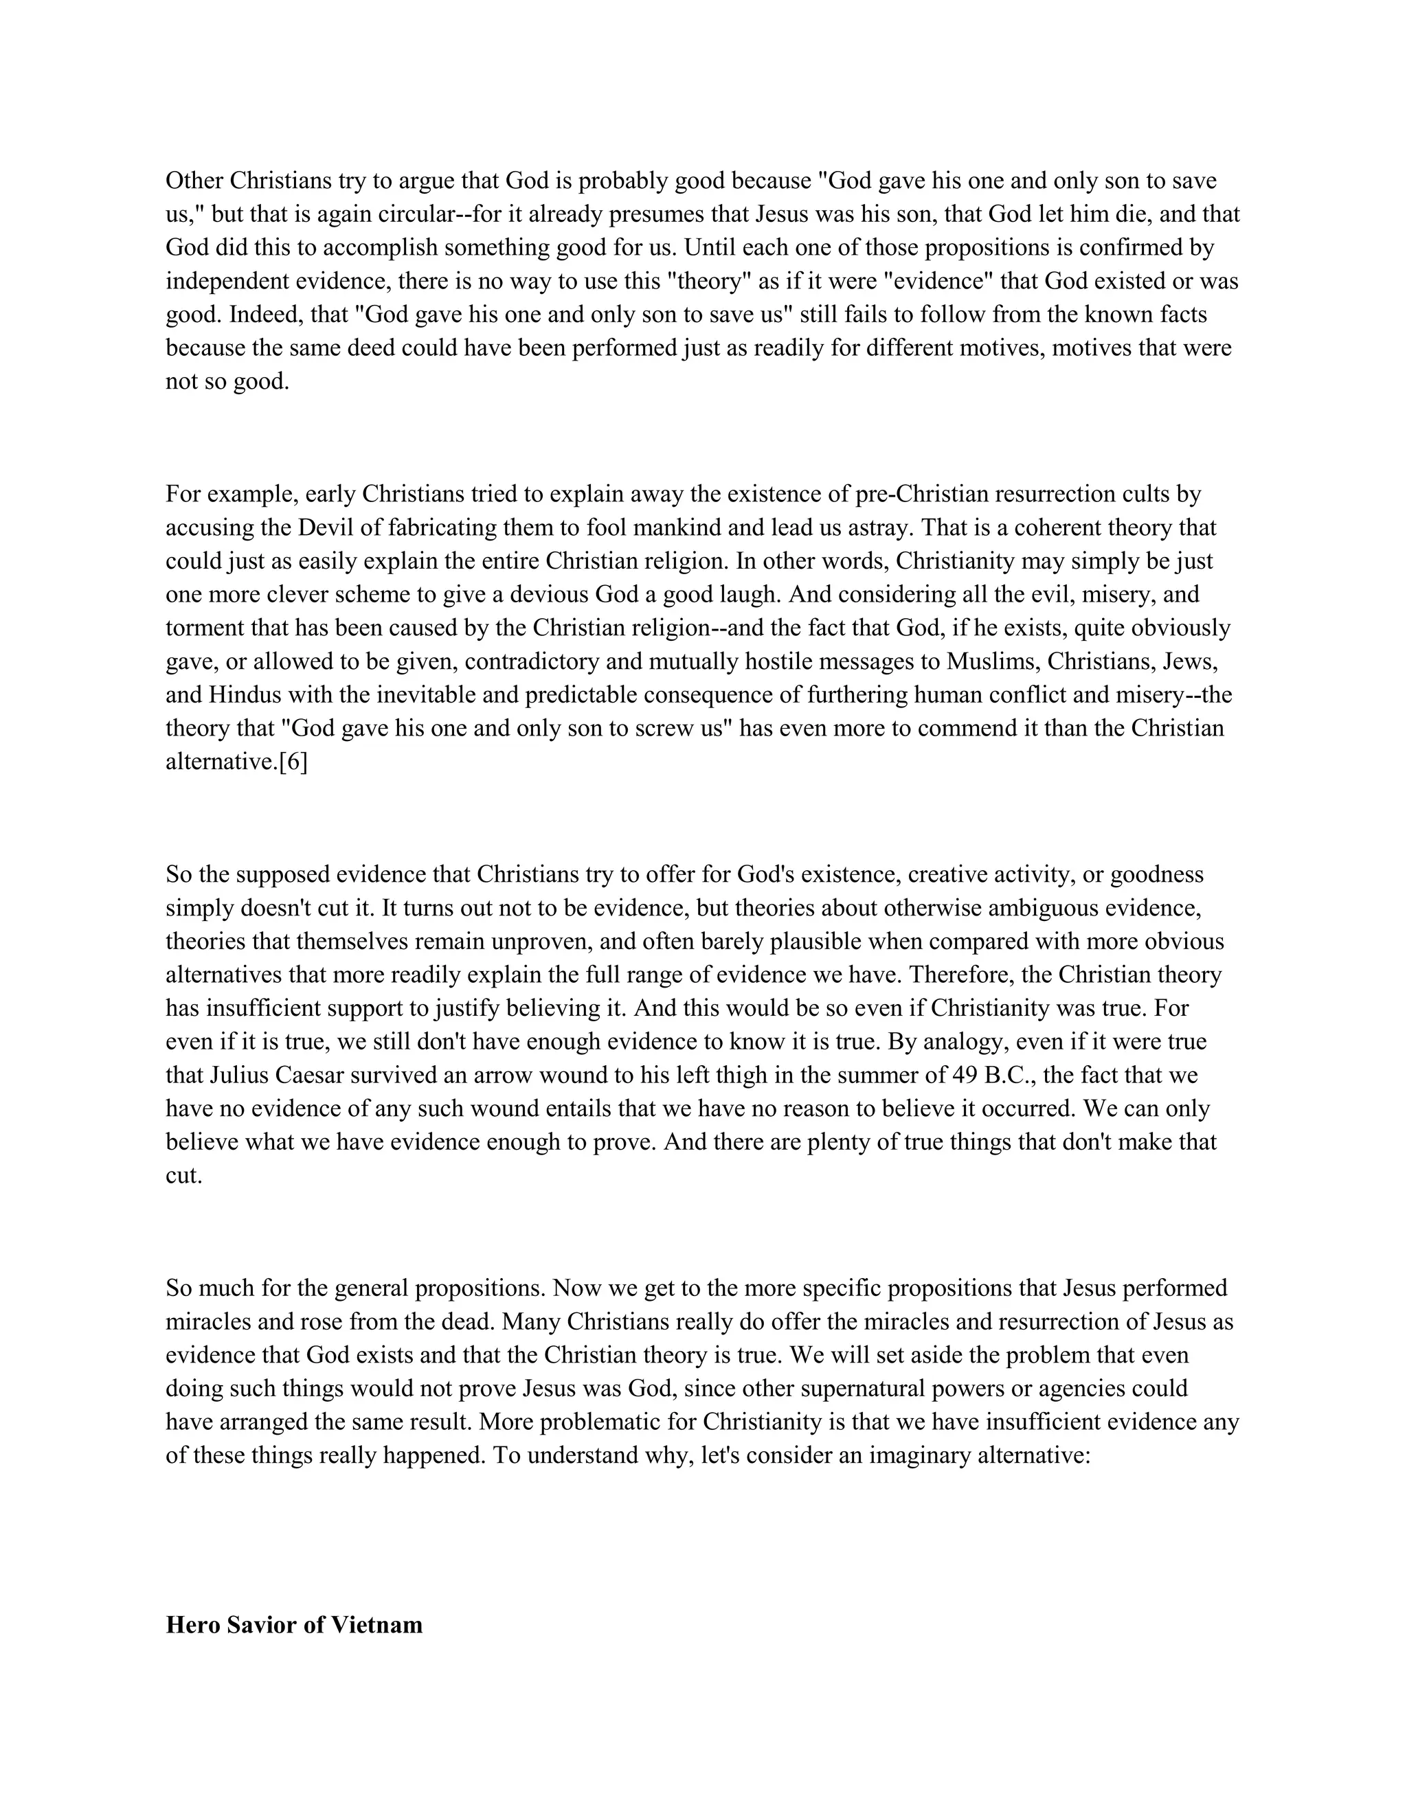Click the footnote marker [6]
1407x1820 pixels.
(x=293, y=762)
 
